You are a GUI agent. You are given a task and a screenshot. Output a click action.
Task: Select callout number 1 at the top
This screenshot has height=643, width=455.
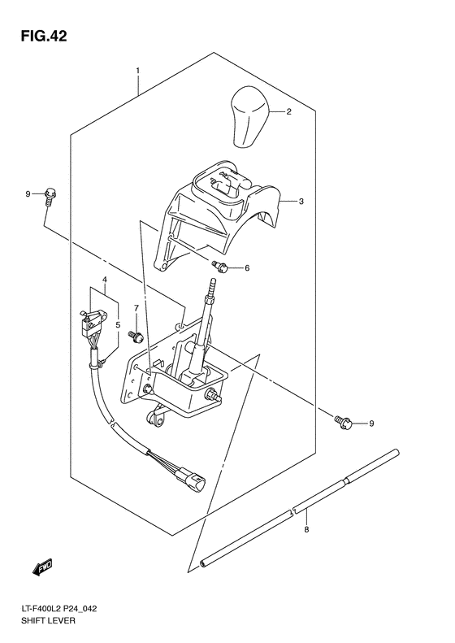click(137, 71)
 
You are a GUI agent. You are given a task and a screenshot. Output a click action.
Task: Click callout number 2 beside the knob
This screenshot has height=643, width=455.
click(288, 113)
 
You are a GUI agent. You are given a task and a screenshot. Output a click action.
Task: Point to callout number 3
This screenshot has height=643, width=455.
click(301, 202)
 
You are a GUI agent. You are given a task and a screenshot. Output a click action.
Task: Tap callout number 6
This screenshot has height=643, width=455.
click(247, 268)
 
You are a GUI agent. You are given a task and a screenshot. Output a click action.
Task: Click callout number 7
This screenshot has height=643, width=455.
click(136, 307)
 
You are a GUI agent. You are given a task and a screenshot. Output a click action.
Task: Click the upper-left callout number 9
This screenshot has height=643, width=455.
click(28, 193)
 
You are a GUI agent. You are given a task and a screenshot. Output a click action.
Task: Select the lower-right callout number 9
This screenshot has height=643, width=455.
click(371, 424)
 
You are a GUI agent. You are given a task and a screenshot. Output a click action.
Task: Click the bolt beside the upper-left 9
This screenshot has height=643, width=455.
click(50, 193)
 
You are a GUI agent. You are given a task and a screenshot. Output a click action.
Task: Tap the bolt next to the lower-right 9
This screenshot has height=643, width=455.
click(342, 420)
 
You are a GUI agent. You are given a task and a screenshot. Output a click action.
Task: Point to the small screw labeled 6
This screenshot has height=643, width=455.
click(220, 267)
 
